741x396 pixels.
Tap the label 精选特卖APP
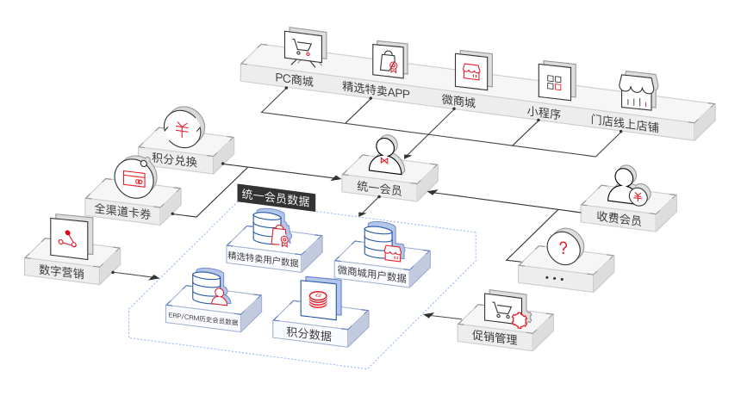pyautogui.click(x=375, y=90)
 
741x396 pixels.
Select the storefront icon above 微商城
pyautogui.click(x=470, y=71)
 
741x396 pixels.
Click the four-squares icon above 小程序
pyautogui.click(x=554, y=83)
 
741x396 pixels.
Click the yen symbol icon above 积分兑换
pyautogui.click(x=182, y=129)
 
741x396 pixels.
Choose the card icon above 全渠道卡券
pyautogui.click(x=134, y=179)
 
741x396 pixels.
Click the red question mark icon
pyautogui.click(x=563, y=249)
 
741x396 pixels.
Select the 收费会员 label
pyautogui.click(x=619, y=219)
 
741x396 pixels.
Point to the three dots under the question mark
pyautogui.click(x=555, y=279)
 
